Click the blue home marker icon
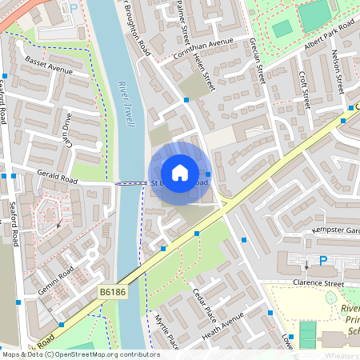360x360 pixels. [x=180, y=172]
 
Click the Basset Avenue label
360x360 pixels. [x=48, y=64]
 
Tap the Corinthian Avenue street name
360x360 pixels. [x=203, y=49]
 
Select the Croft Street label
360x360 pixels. [x=303, y=89]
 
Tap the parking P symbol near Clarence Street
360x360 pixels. [x=323, y=260]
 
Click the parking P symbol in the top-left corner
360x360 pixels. [x=74, y=8]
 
